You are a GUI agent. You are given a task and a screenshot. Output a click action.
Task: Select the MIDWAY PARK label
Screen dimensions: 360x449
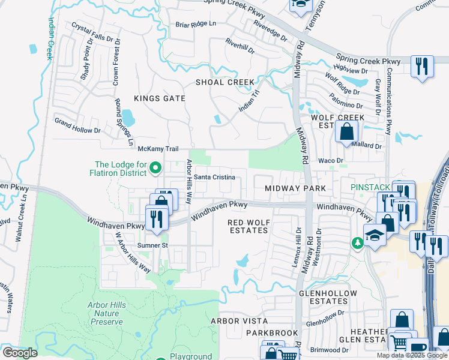(295, 188)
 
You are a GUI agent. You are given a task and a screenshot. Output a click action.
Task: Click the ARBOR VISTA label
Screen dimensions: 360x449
(239, 321)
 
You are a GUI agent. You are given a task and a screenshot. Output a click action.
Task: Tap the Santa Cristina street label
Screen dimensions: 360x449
(218, 178)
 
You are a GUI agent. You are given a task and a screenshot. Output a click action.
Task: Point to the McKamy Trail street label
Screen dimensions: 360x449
(158, 149)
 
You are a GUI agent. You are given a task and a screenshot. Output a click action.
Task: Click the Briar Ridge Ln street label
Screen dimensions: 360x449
(195, 24)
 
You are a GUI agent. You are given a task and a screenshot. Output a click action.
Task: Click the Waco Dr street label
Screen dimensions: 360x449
(330, 161)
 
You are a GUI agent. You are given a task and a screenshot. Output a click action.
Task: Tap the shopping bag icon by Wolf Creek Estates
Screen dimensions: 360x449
(347, 133)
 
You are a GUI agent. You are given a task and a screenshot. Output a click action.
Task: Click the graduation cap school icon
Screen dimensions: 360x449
(374, 235)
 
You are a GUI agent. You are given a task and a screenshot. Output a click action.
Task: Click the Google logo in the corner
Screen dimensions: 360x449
(19, 353)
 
